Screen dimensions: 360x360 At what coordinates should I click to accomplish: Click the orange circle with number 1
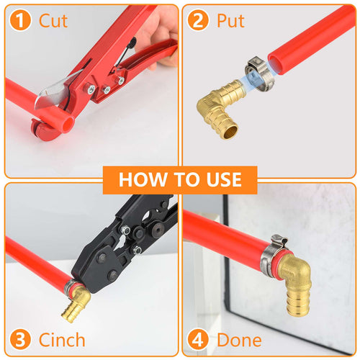pyautogui.click(x=22, y=20)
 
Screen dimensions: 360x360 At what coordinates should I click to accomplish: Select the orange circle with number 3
pyautogui.click(x=22, y=339)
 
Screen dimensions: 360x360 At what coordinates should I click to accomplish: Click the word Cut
pyautogui.click(x=53, y=20)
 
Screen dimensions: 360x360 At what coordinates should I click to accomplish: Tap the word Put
pyautogui.click(x=231, y=20)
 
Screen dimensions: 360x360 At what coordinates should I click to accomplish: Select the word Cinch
pyautogui.click(x=62, y=339)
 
